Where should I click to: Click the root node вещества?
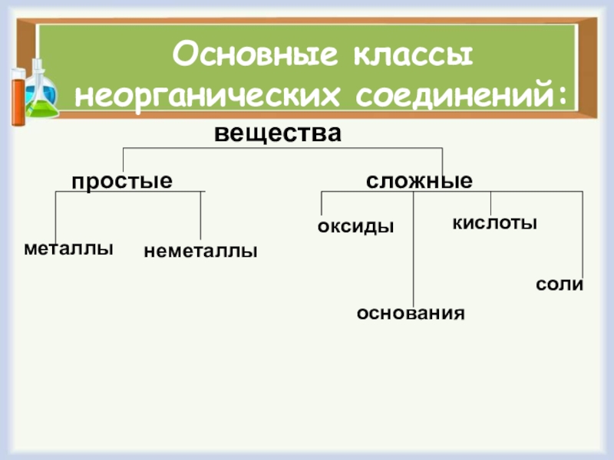tap(277, 133)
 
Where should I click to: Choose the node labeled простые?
tap(122, 182)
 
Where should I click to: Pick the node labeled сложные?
tap(419, 182)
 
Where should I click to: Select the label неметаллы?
tap(200, 251)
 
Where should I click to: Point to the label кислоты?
tap(494, 223)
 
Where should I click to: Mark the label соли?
tap(560, 284)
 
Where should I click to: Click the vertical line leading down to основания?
tap(413, 253)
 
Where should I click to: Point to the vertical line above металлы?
tap(56, 219)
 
